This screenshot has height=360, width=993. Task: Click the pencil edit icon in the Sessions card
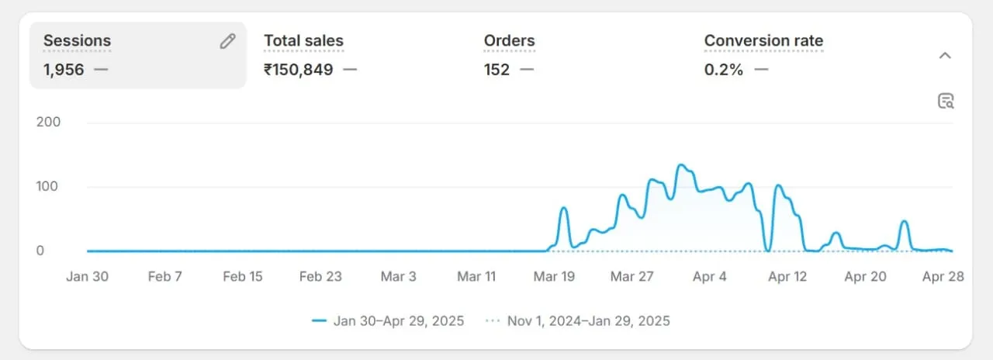click(x=227, y=42)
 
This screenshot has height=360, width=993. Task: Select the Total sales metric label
click(x=303, y=41)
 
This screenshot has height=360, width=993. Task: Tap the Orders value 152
click(x=496, y=70)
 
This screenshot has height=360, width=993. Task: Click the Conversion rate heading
click(x=763, y=41)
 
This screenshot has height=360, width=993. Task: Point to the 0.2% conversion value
click(x=723, y=70)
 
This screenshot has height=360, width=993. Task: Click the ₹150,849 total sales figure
click(x=299, y=70)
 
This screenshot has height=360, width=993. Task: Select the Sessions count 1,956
click(x=64, y=70)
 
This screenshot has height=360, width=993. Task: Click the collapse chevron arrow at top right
click(x=945, y=55)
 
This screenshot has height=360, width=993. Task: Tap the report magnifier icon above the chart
click(x=946, y=101)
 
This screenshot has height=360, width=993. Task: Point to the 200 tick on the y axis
click(x=48, y=122)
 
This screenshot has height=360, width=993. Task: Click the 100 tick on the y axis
click(x=48, y=186)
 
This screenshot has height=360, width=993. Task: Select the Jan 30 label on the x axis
click(x=87, y=277)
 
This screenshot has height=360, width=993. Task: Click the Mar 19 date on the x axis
click(x=554, y=277)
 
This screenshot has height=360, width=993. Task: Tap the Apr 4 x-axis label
click(x=709, y=277)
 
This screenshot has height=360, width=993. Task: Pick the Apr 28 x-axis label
click(x=943, y=277)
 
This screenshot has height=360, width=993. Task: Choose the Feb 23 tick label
click(x=320, y=277)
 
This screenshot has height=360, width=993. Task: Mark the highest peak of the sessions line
click(x=680, y=164)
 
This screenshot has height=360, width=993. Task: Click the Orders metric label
click(x=509, y=41)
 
